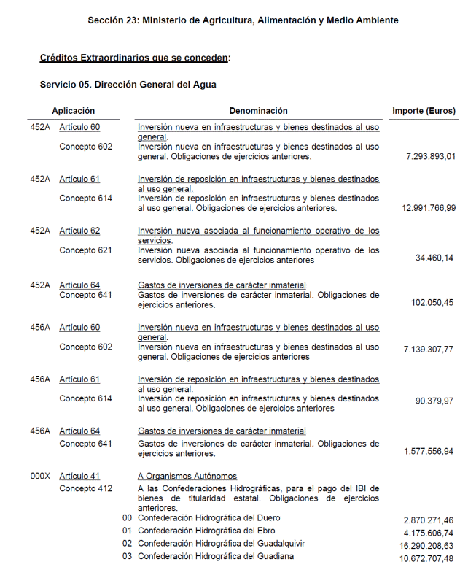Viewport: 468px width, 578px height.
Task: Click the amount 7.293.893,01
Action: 430,156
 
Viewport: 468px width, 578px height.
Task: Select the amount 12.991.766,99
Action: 429,208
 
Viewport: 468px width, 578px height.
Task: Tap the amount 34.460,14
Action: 434,258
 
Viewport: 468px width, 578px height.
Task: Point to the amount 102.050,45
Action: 432,302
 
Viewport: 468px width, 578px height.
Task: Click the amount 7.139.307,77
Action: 429,350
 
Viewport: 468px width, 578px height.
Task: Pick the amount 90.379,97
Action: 434,401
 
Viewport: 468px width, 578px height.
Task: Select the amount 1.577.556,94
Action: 429,452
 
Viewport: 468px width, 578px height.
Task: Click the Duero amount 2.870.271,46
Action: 429,520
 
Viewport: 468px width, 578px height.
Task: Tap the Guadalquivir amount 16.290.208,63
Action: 426,546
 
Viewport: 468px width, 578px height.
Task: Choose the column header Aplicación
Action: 73,111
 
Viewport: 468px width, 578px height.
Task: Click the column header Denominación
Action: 259,111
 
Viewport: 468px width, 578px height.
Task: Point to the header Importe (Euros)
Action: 424,111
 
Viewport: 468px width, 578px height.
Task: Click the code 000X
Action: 40,477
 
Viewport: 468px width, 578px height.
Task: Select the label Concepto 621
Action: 86,250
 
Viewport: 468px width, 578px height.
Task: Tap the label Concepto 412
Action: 86,488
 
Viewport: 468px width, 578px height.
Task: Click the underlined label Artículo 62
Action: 79,231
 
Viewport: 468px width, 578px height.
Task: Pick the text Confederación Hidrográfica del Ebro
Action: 206,531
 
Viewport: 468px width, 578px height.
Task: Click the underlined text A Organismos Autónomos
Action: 187,477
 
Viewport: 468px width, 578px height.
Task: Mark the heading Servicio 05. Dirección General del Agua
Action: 128,85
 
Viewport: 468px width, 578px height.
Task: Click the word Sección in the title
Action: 106,20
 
